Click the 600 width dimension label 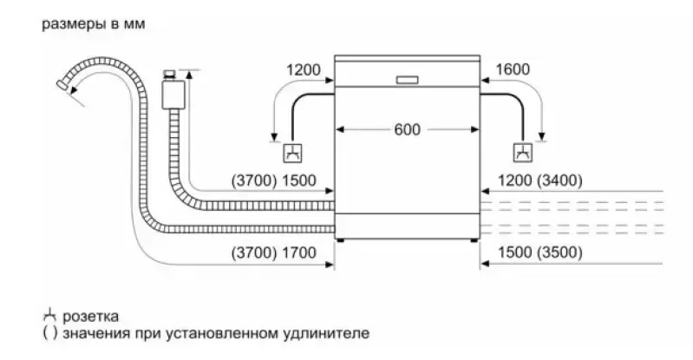(406, 130)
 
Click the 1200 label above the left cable (302, 70)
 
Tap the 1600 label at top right (513, 70)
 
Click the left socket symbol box (292, 154)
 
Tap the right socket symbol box (522, 154)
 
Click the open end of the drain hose (62, 85)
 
